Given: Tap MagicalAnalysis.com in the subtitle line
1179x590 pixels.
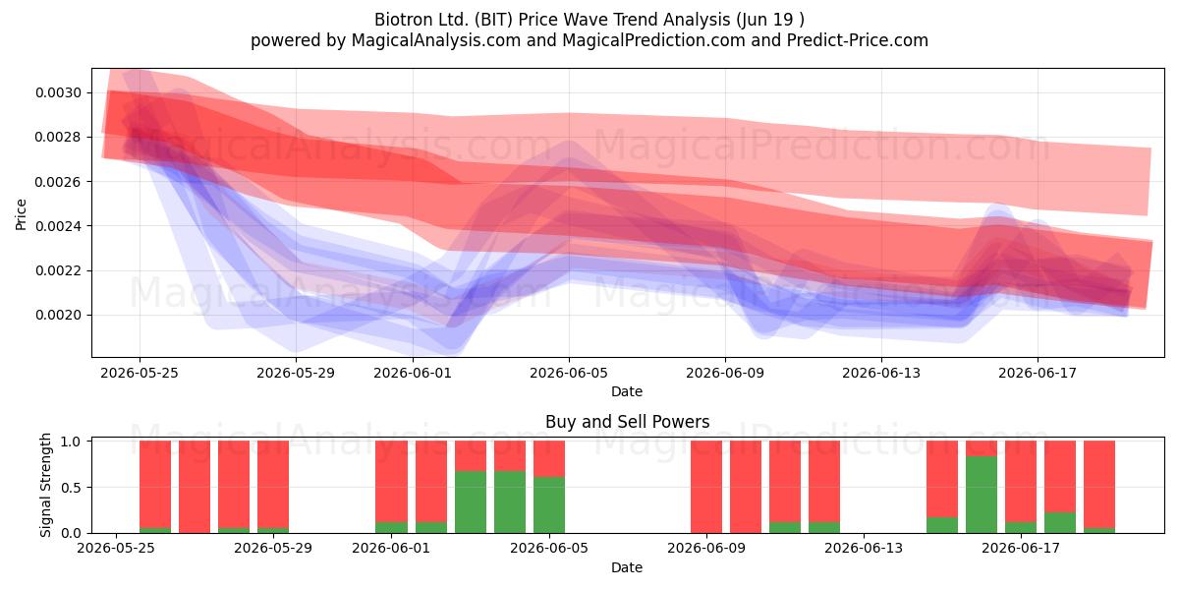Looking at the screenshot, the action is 436,40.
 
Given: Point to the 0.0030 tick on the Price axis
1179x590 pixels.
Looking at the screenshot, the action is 58,92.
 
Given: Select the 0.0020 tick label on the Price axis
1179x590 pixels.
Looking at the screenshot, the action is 58,315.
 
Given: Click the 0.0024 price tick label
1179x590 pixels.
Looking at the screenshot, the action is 58,226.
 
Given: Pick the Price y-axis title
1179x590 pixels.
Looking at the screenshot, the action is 21,214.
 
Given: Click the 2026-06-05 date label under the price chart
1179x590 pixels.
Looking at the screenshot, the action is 569,373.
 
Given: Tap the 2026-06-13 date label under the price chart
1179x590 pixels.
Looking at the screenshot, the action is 881,373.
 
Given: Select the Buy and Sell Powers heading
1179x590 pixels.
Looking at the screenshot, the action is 628,422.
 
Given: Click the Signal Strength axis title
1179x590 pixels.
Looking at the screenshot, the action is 45,485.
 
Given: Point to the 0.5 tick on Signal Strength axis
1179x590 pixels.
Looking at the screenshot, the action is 71,488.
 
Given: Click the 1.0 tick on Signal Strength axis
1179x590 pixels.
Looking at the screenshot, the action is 71,442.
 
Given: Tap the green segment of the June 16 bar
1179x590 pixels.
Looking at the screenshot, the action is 982,495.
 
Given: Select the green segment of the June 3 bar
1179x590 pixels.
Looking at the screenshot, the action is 471,502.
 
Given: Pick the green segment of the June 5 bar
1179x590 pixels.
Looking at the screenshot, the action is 549,504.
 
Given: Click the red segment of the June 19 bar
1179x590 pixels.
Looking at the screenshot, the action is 1099,484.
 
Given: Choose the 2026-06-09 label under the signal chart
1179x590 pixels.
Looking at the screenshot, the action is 706,549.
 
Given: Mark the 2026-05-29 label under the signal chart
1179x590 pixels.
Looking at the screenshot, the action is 273,549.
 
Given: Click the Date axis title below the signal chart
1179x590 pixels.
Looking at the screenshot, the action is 627,567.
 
